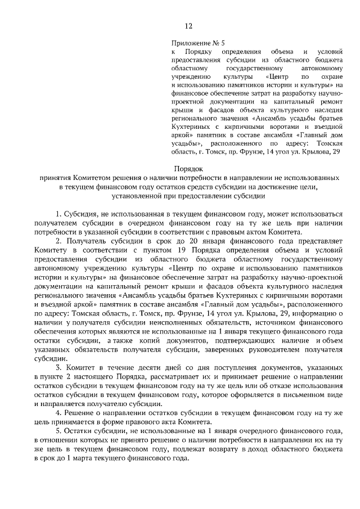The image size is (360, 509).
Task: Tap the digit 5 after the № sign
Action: (x=223, y=43)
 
